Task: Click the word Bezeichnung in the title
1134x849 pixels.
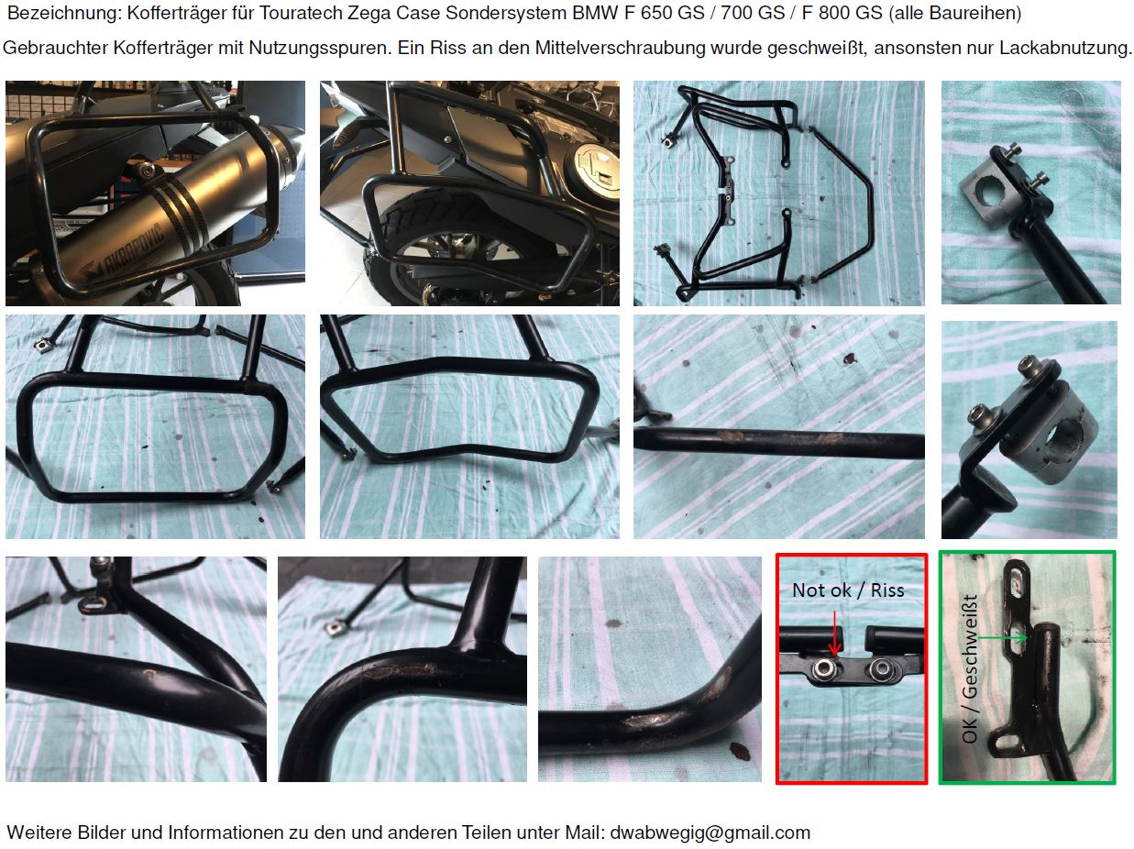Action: pyautogui.click(x=64, y=14)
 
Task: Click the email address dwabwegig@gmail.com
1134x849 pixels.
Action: pyautogui.click(x=710, y=832)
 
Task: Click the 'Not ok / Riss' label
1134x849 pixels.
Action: pyautogui.click(x=848, y=590)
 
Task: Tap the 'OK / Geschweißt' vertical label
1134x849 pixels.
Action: pyautogui.click(x=970, y=668)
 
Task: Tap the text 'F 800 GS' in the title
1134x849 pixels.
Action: pyautogui.click(x=842, y=13)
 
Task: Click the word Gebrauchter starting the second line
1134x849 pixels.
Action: pyautogui.click(x=55, y=48)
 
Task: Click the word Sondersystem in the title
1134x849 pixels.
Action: pyautogui.click(x=506, y=14)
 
